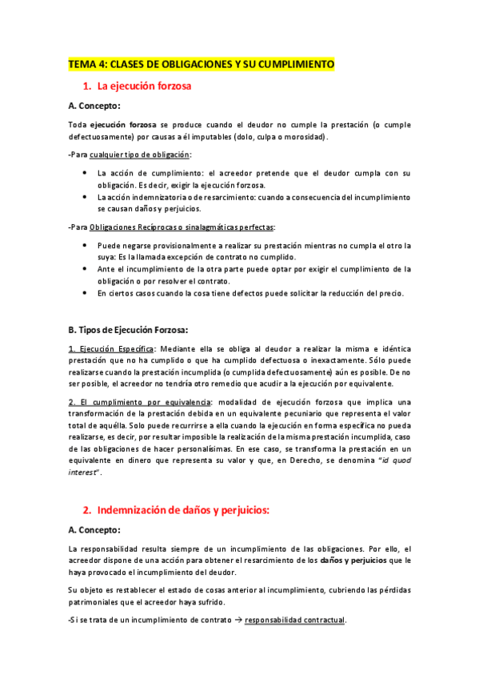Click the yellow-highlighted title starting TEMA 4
pos(201,64)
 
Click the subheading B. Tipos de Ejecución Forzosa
pos(128,329)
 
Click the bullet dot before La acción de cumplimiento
pos(86,173)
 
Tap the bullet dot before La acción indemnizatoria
pos(86,196)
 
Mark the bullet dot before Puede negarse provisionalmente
pos(86,245)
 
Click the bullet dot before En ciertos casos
pos(86,293)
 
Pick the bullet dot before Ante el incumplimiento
pos(86,269)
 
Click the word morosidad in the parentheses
pos(301,136)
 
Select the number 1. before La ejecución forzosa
pos(87,86)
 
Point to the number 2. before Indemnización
pos(87,510)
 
